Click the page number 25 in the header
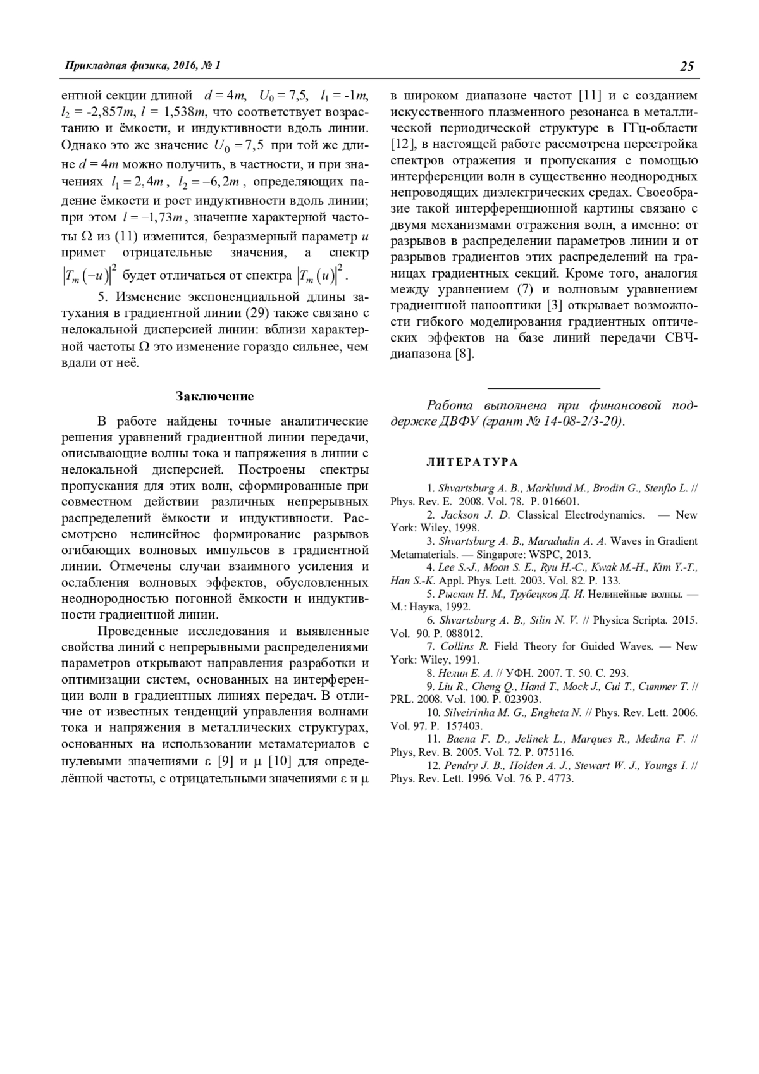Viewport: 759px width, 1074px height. click(x=687, y=66)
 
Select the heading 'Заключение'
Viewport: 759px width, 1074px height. click(x=214, y=397)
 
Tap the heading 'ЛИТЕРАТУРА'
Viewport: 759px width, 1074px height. click(x=472, y=462)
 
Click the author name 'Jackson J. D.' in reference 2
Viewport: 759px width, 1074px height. click(x=475, y=515)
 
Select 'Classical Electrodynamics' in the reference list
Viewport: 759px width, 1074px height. click(x=580, y=515)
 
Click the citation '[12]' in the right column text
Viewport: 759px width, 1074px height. click(x=402, y=145)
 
